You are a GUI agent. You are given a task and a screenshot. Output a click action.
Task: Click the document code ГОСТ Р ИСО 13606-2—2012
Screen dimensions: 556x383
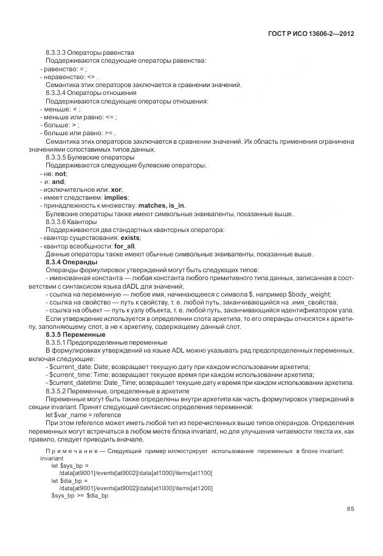click(x=311, y=33)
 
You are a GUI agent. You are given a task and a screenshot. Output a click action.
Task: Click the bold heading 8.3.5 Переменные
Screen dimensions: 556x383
click(x=75, y=334)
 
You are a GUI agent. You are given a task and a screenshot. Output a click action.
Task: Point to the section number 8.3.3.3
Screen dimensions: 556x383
click(x=57, y=52)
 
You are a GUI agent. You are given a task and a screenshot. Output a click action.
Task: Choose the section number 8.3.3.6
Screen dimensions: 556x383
click(x=57, y=222)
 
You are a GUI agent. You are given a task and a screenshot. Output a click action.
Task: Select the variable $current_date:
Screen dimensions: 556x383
click(x=72, y=367)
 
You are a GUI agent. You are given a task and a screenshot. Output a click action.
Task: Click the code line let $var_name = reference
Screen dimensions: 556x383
click(x=83, y=415)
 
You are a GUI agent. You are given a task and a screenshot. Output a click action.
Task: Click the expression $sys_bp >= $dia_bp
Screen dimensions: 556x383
click(x=79, y=496)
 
